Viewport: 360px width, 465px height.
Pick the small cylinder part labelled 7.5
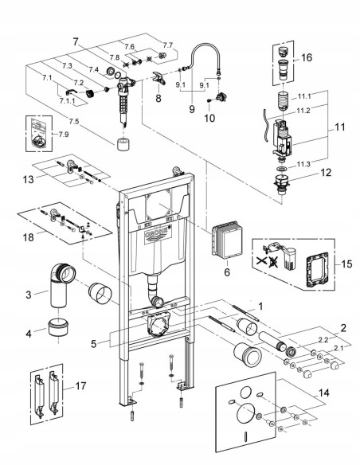coord(123,146)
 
